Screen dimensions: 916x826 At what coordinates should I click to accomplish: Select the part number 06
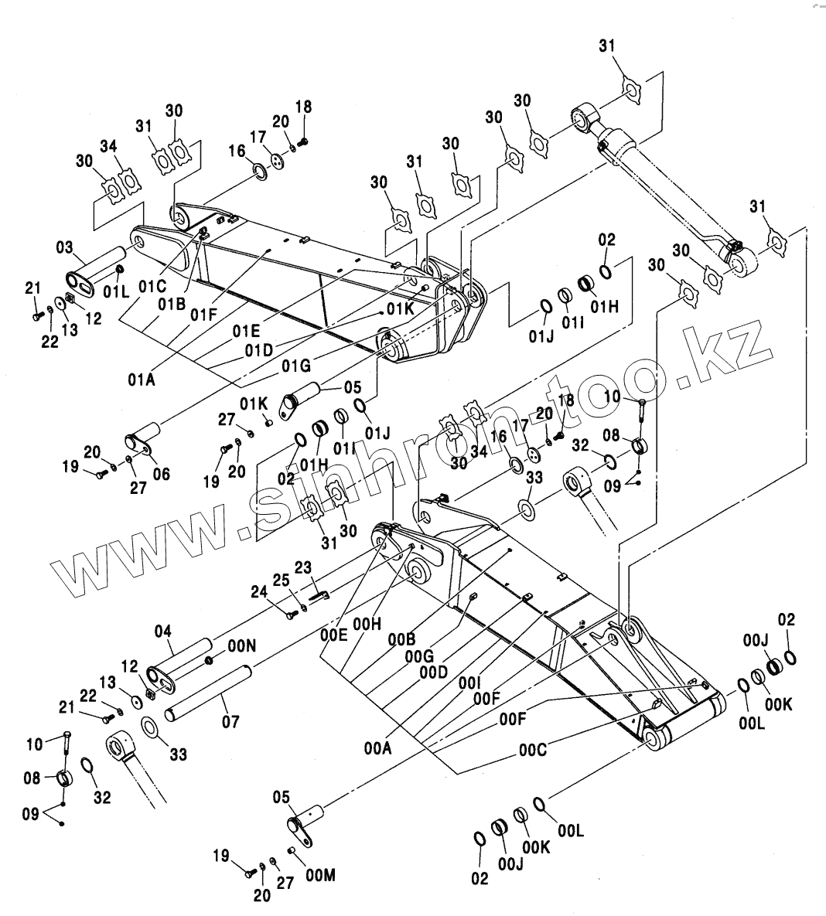pyautogui.click(x=160, y=475)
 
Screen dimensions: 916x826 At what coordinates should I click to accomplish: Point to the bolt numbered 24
pyautogui.click(x=291, y=615)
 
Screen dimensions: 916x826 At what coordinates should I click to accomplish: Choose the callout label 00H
pyautogui.click(x=367, y=624)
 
